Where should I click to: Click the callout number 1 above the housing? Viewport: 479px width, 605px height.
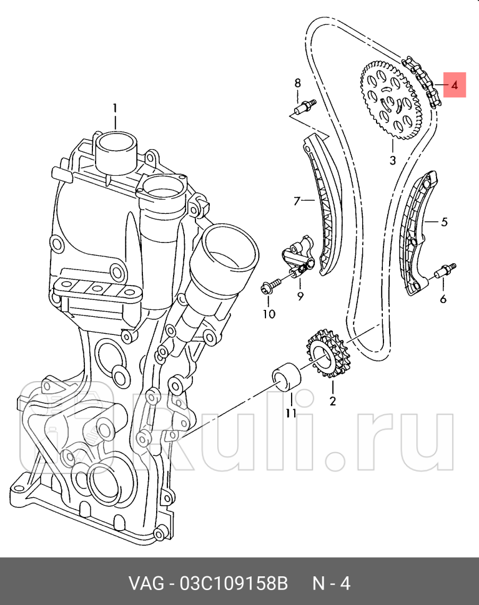pos(115,109)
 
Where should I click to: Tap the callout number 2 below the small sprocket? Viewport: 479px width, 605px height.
pos(332,401)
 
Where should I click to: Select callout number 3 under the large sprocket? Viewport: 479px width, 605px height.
pos(392,160)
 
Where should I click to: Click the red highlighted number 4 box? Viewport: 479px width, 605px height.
pos(455,85)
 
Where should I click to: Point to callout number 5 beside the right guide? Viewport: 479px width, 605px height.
pos(444,221)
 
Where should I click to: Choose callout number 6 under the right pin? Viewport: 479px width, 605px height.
pos(443,299)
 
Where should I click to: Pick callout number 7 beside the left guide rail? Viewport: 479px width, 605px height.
pos(297,201)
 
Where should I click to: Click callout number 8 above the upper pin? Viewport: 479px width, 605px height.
pos(297,83)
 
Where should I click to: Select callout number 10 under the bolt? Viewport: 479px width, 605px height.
pos(269,314)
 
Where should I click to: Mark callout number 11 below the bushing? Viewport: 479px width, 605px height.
pos(291,412)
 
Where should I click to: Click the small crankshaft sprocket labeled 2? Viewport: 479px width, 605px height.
pos(328,359)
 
